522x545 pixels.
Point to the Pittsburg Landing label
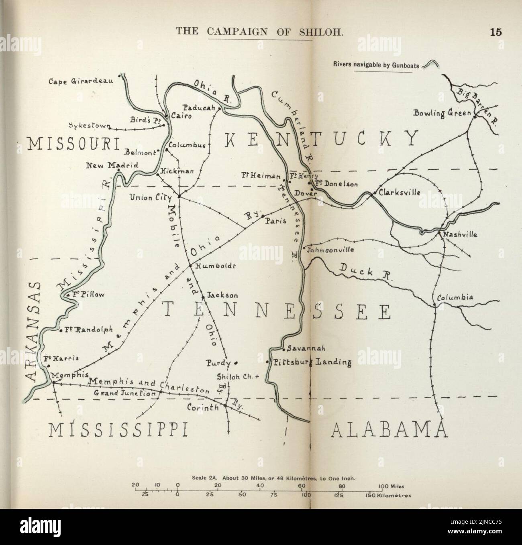(x=312, y=362)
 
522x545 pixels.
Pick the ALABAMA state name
(x=389, y=430)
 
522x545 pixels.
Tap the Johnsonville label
(x=330, y=250)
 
